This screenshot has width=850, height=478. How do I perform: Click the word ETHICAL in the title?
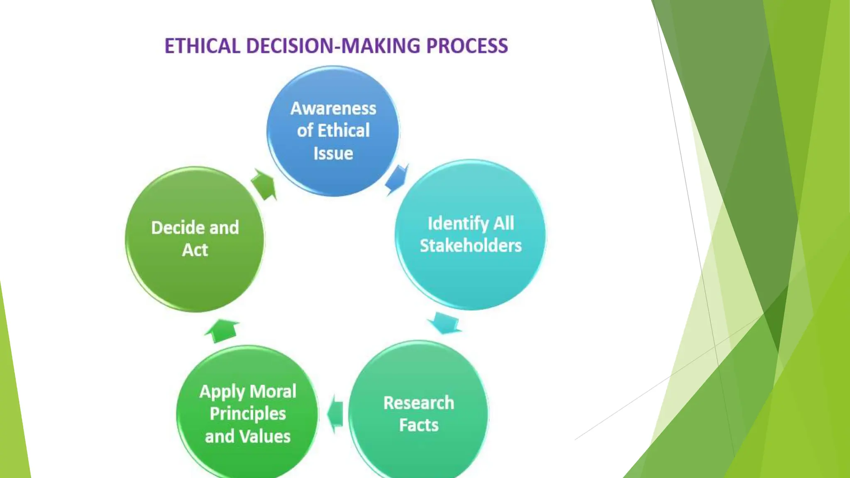pos(202,46)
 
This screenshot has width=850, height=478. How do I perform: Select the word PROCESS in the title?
pos(467,46)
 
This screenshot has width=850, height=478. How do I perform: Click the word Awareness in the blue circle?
pos(333,108)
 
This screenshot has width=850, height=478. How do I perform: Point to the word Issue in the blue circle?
pos(333,154)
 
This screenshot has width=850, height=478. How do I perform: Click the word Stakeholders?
pos(471,246)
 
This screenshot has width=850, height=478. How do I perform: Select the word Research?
pos(419,403)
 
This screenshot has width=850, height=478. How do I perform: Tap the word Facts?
pos(419,425)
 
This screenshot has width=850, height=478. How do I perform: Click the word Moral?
pos(273,391)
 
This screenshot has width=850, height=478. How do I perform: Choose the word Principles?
pos(248,414)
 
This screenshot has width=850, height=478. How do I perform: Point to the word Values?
pos(266,437)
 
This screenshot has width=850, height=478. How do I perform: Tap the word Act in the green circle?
pos(195,250)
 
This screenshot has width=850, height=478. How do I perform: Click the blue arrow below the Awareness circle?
pos(396,179)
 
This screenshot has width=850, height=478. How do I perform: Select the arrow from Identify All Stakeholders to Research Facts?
pos(445,323)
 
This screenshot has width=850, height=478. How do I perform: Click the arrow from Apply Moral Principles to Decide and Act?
pos(222,330)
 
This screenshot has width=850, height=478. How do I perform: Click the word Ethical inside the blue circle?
pos(344,131)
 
